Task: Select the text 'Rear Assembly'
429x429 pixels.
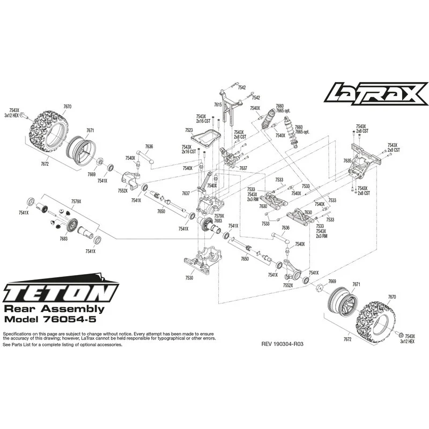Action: click(x=54, y=309)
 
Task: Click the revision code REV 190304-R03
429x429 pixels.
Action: click(x=283, y=344)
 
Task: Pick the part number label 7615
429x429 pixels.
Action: click(x=217, y=105)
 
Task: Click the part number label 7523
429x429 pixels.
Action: click(x=188, y=130)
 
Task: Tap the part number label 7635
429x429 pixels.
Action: click(x=347, y=160)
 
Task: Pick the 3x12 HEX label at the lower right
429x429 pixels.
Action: click(x=408, y=342)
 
